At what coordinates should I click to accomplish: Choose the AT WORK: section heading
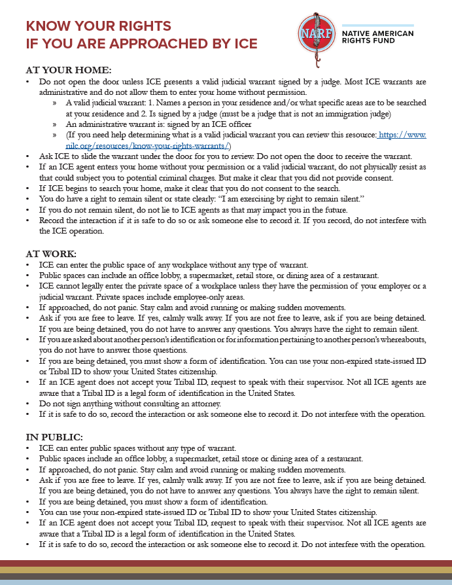(x=51, y=253)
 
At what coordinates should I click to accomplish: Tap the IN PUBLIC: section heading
(x=54, y=436)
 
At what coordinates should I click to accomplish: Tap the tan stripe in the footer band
(x=226, y=570)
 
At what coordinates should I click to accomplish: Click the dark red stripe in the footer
(x=226, y=563)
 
